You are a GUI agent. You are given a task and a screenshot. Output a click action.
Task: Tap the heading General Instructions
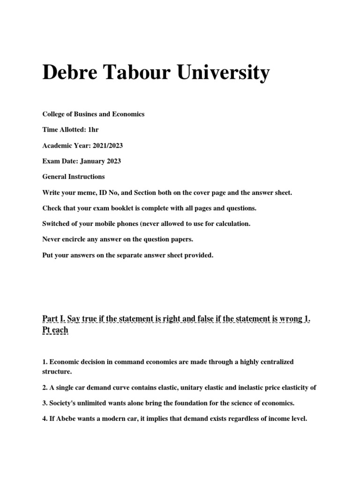click(74, 177)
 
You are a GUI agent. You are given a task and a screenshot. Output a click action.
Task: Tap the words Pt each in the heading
click(55, 330)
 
